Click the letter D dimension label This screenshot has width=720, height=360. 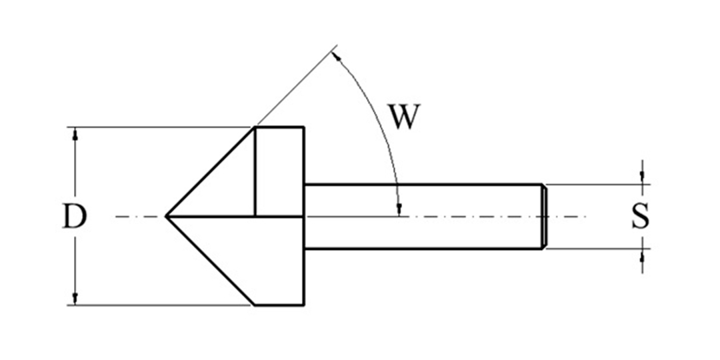click(75, 216)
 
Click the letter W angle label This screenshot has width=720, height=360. click(404, 117)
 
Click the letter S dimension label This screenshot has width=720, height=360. click(641, 216)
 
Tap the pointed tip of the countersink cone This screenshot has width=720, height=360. click(166, 216)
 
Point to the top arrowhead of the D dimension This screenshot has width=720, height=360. click(75, 133)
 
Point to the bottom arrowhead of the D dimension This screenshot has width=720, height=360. click(75, 299)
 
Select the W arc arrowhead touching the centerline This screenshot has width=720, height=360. click(399, 209)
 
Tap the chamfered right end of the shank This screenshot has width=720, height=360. click(544, 216)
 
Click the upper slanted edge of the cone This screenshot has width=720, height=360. click(210, 171)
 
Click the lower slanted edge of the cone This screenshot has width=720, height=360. click(210, 261)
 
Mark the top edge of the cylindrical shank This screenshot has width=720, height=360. click(423, 185)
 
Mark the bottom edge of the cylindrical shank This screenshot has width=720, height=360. click(423, 249)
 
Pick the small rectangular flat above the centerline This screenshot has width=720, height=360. click(279, 171)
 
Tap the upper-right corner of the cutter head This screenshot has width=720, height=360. click(303, 127)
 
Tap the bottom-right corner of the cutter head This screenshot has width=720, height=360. click(303, 305)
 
